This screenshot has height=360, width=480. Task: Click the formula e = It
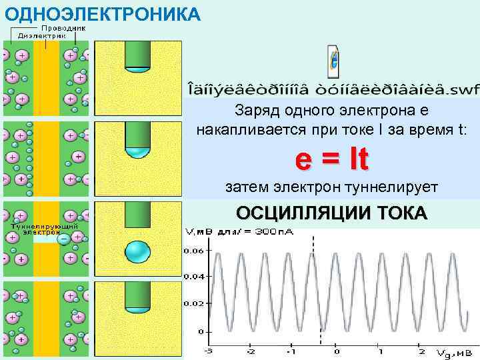coord(331,159)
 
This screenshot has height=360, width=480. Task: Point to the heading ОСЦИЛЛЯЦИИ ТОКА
coord(331,213)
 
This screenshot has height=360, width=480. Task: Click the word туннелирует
coord(390,187)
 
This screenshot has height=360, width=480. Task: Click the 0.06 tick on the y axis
coord(194,251)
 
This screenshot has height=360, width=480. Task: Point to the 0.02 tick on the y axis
coord(194,303)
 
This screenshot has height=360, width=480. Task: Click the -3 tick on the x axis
coord(209,351)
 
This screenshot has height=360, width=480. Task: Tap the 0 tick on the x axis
coord(337,351)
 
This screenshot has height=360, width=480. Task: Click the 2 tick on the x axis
coord(421,351)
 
